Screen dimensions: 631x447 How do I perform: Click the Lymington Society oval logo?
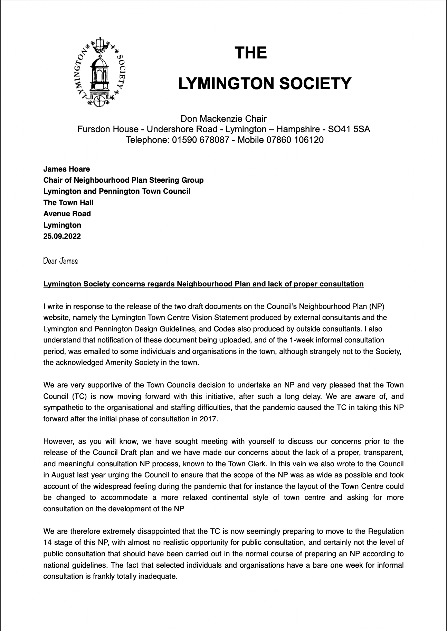99,71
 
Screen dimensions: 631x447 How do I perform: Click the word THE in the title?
251,53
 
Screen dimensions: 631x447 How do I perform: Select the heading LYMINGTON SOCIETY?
265,83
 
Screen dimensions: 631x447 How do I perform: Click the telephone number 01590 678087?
201,140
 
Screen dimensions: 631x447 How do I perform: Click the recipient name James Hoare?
67,169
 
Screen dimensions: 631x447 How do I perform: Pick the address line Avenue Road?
67,214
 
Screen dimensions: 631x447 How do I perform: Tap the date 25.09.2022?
62,236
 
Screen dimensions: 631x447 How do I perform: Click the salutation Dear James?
60,261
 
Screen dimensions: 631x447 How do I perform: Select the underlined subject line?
203,284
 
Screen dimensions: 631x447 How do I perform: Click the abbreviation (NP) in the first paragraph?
383,306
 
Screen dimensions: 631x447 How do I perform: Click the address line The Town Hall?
68,203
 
